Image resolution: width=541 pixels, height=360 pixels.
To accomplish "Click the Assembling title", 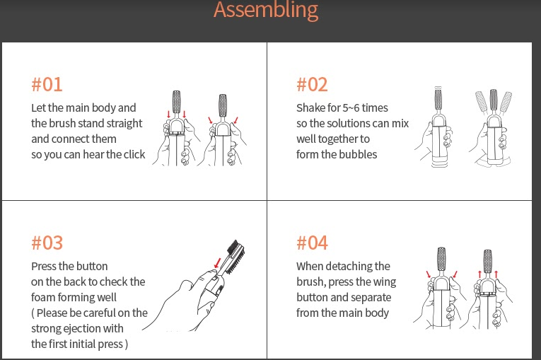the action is [266, 11].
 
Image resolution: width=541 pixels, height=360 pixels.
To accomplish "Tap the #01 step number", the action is [47, 85].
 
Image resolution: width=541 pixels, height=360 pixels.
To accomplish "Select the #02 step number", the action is [312, 85].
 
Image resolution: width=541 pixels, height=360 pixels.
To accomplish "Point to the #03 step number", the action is [47, 243].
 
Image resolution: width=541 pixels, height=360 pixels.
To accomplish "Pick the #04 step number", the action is [312, 243].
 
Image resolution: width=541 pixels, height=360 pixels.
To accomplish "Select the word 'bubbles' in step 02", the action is [359, 155].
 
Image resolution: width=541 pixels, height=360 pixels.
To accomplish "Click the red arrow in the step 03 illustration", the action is [216, 263].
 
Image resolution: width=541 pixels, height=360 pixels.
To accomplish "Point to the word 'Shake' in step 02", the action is [311, 108].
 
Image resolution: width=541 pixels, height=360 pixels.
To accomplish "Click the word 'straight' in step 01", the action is [124, 124].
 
